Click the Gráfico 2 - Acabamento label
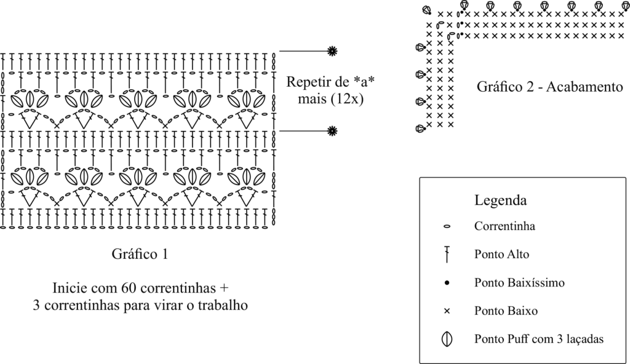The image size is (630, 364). [x=546, y=87]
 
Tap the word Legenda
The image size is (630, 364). [x=500, y=201]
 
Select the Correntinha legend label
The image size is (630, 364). [x=504, y=226]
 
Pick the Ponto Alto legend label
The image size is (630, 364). [x=501, y=253]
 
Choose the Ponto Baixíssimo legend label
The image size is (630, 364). [x=519, y=283]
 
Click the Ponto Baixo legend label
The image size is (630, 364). [x=506, y=311]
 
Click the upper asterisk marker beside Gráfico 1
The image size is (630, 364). [x=332, y=50]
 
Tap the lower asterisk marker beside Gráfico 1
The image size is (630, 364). [x=332, y=130]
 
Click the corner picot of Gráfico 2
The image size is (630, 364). [x=426, y=9]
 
